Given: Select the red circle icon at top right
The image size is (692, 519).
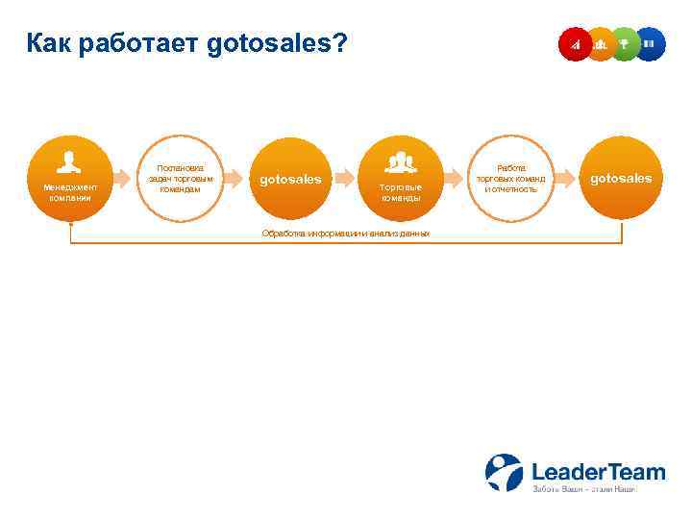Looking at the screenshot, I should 575,43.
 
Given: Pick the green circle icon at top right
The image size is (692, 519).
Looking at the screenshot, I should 625,43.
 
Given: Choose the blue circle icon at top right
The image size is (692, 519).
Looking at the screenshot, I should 650,43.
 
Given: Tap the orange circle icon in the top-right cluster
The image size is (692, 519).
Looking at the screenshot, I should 600,43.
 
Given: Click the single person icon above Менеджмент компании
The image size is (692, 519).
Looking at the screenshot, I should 69,161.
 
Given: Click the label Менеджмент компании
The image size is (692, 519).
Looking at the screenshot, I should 70,192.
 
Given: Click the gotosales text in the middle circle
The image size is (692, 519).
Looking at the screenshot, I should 291,179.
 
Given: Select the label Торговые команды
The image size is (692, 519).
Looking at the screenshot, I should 400,192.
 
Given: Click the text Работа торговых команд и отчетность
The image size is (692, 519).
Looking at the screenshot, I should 510,178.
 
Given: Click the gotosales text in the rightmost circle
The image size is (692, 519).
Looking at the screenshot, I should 620,178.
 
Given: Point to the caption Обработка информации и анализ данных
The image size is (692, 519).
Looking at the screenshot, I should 346,234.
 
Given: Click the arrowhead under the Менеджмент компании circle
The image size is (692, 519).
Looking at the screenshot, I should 70,224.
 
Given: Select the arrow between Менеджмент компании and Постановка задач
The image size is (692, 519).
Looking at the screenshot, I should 125,178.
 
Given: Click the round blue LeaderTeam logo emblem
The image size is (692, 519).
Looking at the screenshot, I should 504,473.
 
